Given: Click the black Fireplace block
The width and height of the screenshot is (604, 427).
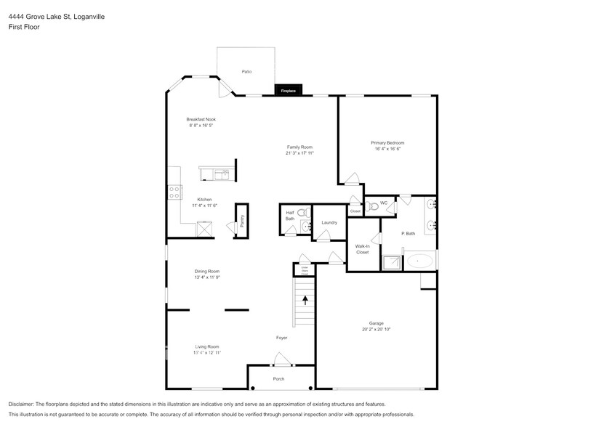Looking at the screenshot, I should point(289,91).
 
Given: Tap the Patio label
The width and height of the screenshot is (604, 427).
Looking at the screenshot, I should point(246,72).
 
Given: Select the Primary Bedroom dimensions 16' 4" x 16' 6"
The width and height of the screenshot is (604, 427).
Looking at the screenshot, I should point(387,149).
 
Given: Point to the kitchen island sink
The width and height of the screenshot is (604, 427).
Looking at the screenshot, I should point(223,174).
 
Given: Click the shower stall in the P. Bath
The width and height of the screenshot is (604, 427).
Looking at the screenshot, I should point(392,262).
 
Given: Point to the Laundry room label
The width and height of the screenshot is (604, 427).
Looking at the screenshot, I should point(329,223).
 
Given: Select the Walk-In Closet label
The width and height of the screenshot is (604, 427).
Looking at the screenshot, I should point(362,249).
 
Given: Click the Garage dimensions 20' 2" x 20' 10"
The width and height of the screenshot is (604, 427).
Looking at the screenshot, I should point(376,329).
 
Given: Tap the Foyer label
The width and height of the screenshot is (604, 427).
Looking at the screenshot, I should point(281,338).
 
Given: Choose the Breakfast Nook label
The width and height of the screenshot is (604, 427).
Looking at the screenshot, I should point(201,119).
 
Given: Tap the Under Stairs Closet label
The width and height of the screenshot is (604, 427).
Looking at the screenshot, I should point(302,270).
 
